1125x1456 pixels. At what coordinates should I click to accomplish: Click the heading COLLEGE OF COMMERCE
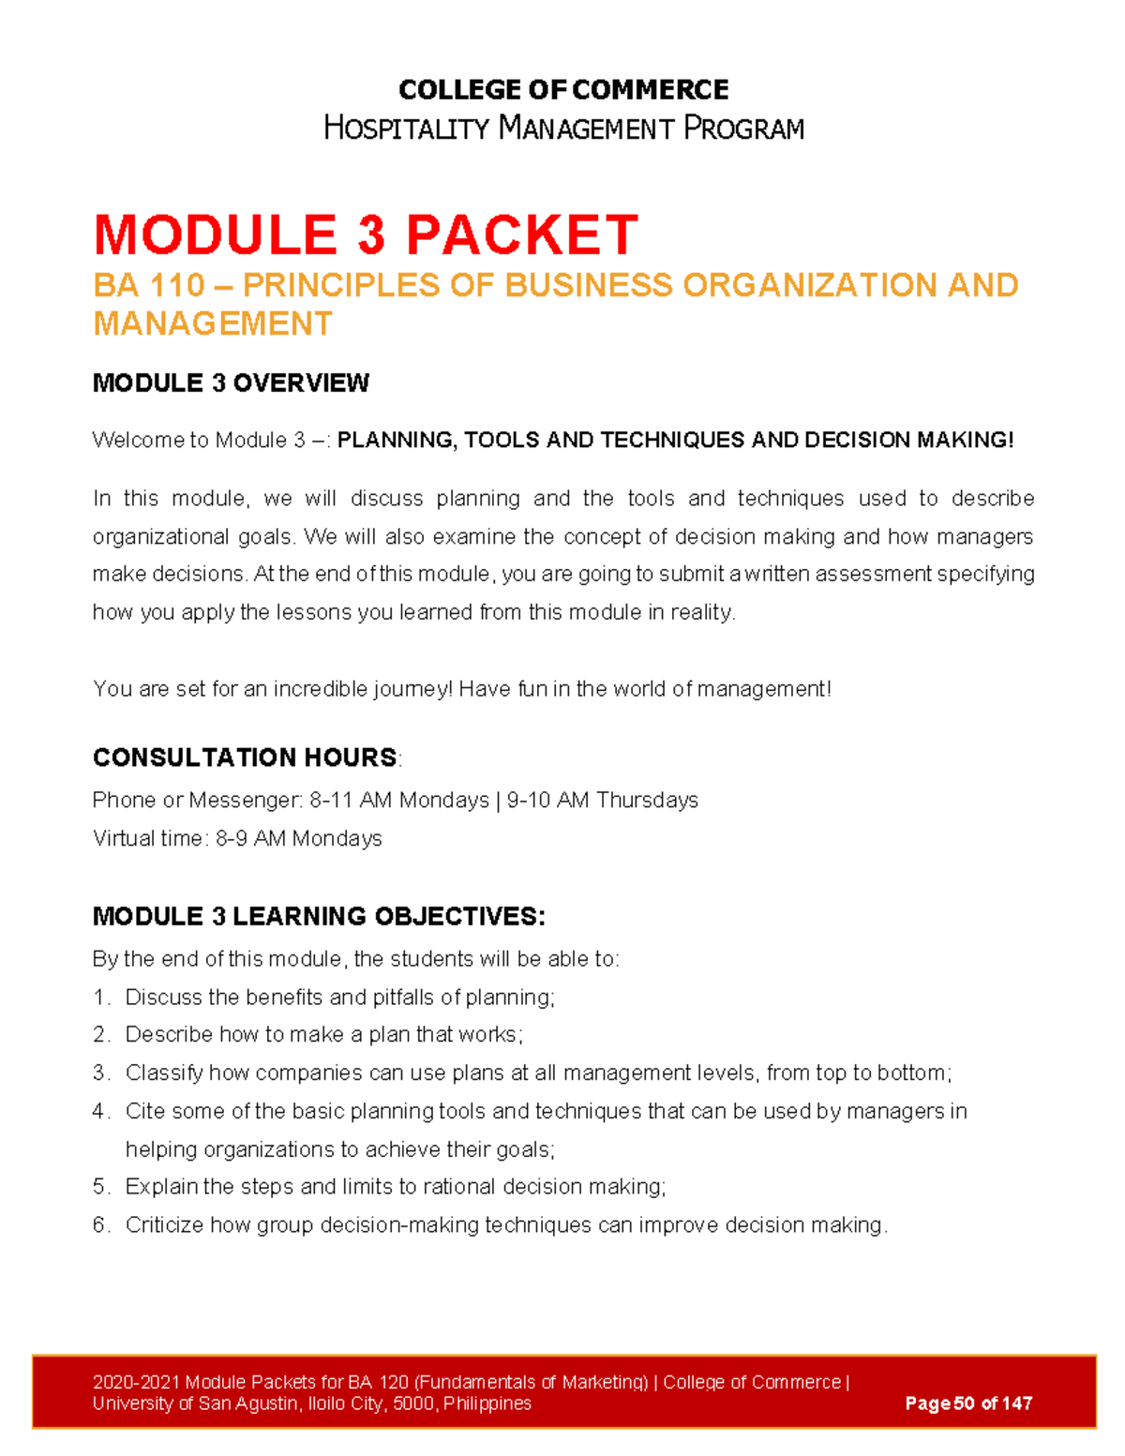coord(562,90)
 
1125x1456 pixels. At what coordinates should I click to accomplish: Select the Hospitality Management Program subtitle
coord(562,128)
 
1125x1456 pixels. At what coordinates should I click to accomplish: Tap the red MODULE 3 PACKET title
coord(366,234)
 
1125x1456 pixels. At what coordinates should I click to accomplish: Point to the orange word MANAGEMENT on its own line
coord(212,323)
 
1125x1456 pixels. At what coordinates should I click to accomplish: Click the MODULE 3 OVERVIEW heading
coord(231,383)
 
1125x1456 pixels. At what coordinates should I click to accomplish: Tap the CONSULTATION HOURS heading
coord(245,758)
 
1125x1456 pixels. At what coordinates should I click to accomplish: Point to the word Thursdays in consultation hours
coord(647,800)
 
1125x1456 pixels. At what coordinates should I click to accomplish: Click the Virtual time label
coord(147,838)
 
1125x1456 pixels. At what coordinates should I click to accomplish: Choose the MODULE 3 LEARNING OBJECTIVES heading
coord(318,916)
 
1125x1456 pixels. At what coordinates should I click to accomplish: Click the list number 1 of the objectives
coord(100,998)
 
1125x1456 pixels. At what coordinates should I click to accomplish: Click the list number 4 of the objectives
coord(100,1111)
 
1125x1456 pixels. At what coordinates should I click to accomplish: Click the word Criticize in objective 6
coord(164,1225)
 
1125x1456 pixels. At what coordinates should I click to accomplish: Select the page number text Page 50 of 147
coord(968,1403)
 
